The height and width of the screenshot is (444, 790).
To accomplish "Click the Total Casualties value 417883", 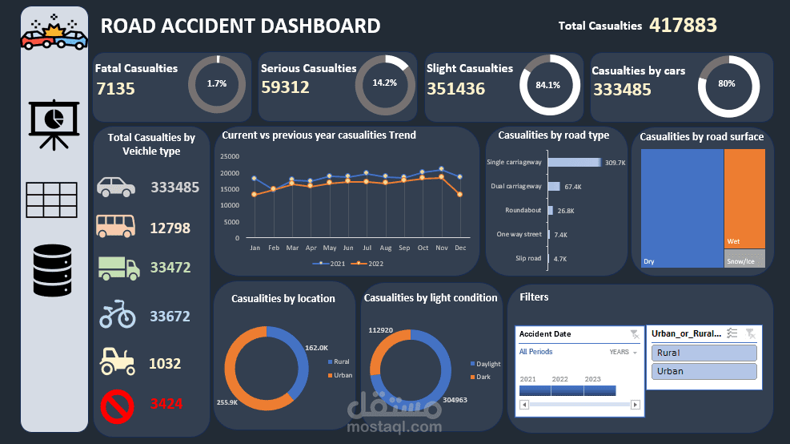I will pyautogui.click(x=683, y=25).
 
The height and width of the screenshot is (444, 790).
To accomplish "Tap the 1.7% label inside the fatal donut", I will pyautogui.click(x=216, y=83).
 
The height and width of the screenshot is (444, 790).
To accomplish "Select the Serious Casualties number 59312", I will pyautogui.click(x=285, y=87).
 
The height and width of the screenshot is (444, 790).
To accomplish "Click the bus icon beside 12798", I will pyautogui.click(x=116, y=227).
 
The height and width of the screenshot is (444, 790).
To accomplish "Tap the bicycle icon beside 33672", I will pyautogui.click(x=117, y=314).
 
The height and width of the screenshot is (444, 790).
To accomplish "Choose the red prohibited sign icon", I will pyautogui.click(x=117, y=406).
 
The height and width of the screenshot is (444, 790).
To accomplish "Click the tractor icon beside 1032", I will pyautogui.click(x=117, y=361).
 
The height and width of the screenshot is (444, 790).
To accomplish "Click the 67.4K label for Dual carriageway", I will pyautogui.click(x=572, y=187).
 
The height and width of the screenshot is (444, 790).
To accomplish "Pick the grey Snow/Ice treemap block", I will pyautogui.click(x=744, y=258).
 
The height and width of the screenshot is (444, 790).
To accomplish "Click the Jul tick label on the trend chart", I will pyautogui.click(x=367, y=248).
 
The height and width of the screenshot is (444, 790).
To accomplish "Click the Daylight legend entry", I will pyautogui.click(x=485, y=364).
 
